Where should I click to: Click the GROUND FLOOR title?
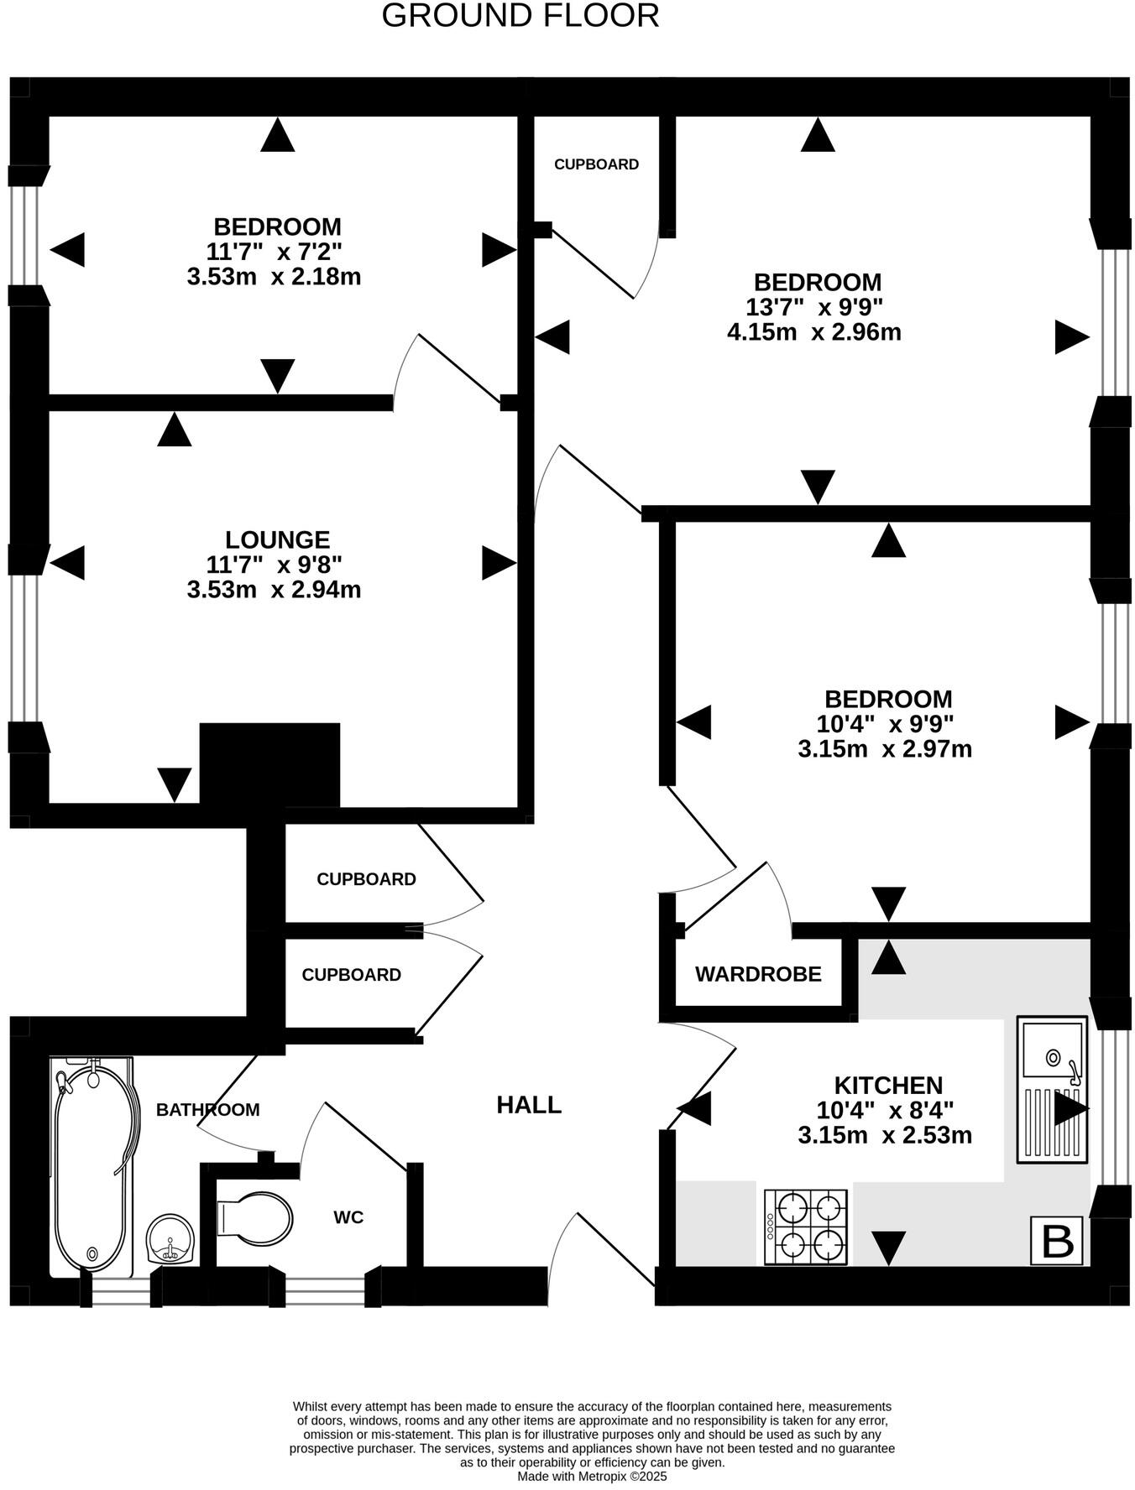pyautogui.click(x=520, y=16)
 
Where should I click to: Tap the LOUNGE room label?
pyautogui.click(x=277, y=539)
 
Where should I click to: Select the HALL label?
pyautogui.click(x=529, y=1105)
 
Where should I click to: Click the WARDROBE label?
pyautogui.click(x=758, y=974)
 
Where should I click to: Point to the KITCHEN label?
pyautogui.click(x=888, y=1085)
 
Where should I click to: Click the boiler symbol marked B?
pyautogui.click(x=1057, y=1240)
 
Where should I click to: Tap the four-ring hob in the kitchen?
pyautogui.click(x=806, y=1227)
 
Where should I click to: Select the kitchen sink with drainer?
pyautogui.click(x=1052, y=1089)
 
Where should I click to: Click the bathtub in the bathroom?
pyautogui.click(x=92, y=1166)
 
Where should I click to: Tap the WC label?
pyautogui.click(x=348, y=1216)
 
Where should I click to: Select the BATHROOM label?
pyautogui.click(x=208, y=1110)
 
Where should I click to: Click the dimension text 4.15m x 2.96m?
pyautogui.click(x=813, y=332)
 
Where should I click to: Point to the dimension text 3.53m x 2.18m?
pyautogui.click(x=274, y=276)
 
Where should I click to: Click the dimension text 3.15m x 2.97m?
pyautogui.click(x=885, y=748)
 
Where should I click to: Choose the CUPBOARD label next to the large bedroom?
pyautogui.click(x=596, y=164)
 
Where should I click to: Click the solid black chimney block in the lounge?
pyautogui.click(x=269, y=763)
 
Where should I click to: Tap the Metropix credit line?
pyautogui.click(x=592, y=1476)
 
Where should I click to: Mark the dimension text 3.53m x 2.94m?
pyautogui.click(x=274, y=589)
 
